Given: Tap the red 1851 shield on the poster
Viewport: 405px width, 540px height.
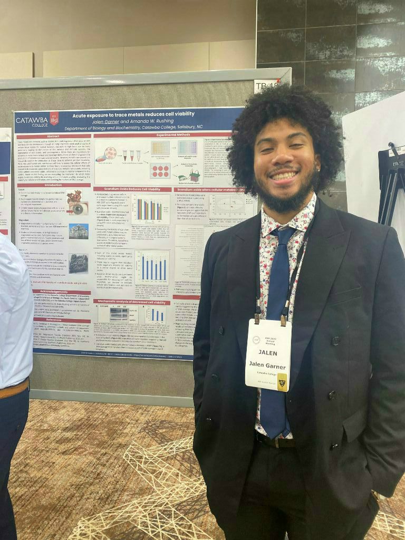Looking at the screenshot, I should (x=54, y=119).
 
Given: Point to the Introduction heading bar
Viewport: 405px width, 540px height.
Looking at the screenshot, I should (x=53, y=185).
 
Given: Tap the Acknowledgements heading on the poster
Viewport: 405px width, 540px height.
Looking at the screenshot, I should (x=50, y=291).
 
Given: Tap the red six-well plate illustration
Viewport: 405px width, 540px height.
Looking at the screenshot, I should (x=160, y=170).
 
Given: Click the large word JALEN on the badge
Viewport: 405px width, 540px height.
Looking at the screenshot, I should (x=268, y=352).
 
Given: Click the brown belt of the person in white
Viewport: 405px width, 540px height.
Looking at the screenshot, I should (x=14, y=389).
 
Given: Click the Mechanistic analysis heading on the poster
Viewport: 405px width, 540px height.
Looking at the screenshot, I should (x=132, y=302).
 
